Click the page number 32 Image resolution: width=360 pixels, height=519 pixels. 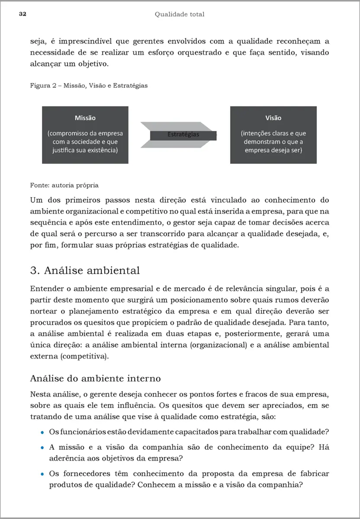23,14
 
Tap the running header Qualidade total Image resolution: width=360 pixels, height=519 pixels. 180,14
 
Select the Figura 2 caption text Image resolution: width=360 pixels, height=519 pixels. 89,86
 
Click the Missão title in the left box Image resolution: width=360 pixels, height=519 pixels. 85,118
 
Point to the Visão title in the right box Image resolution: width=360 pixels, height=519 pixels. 273,118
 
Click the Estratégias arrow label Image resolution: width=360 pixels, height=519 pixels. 183,135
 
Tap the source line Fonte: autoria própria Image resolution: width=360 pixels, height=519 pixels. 64,186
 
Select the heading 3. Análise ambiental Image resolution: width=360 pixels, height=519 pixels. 85,271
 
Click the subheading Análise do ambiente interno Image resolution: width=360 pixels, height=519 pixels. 95,378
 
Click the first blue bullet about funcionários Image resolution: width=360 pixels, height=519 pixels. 42,432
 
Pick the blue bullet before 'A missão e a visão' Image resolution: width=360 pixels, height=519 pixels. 42,448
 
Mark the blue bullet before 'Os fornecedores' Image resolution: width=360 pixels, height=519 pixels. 42,474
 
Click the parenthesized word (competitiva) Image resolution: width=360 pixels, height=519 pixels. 85,356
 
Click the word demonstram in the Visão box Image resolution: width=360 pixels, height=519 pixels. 263,142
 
